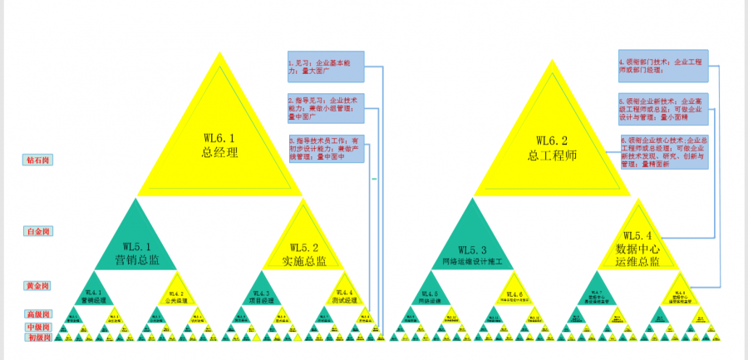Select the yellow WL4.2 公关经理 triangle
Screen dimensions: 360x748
[176, 294]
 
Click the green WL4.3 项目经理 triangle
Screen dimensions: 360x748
[261, 294]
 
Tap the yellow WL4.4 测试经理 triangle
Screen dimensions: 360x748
[344, 294]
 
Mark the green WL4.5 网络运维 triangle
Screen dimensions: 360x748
[431, 294]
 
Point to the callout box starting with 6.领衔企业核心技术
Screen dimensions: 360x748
[662, 153]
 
